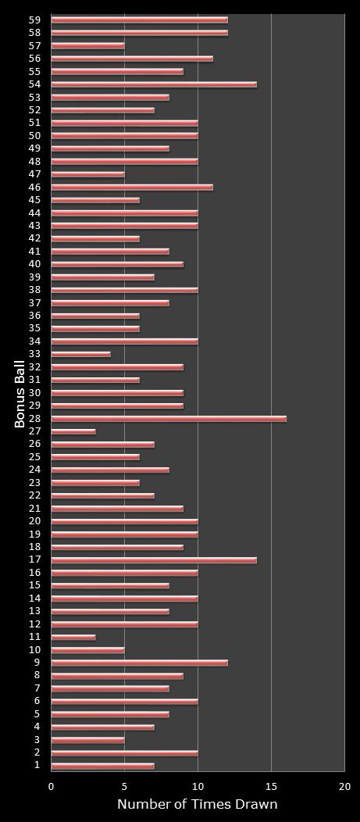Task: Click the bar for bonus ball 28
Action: [169, 419]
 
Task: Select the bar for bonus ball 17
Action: [154, 560]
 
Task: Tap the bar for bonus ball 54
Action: [154, 84]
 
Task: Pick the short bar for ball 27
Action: [73, 431]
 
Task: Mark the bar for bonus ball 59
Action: [139, 20]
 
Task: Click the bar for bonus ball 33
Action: [80, 354]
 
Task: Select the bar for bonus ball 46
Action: [132, 187]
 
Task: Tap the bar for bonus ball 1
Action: [102, 766]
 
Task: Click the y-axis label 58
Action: [34, 33]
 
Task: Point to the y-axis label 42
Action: [34, 238]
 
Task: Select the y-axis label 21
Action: [34, 509]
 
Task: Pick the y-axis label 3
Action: [37, 740]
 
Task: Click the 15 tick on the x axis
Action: [271, 787]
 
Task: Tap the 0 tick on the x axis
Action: [52, 787]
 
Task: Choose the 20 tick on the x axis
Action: [344, 787]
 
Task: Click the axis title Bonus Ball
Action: [20, 393]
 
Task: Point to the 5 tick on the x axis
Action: [125, 787]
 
